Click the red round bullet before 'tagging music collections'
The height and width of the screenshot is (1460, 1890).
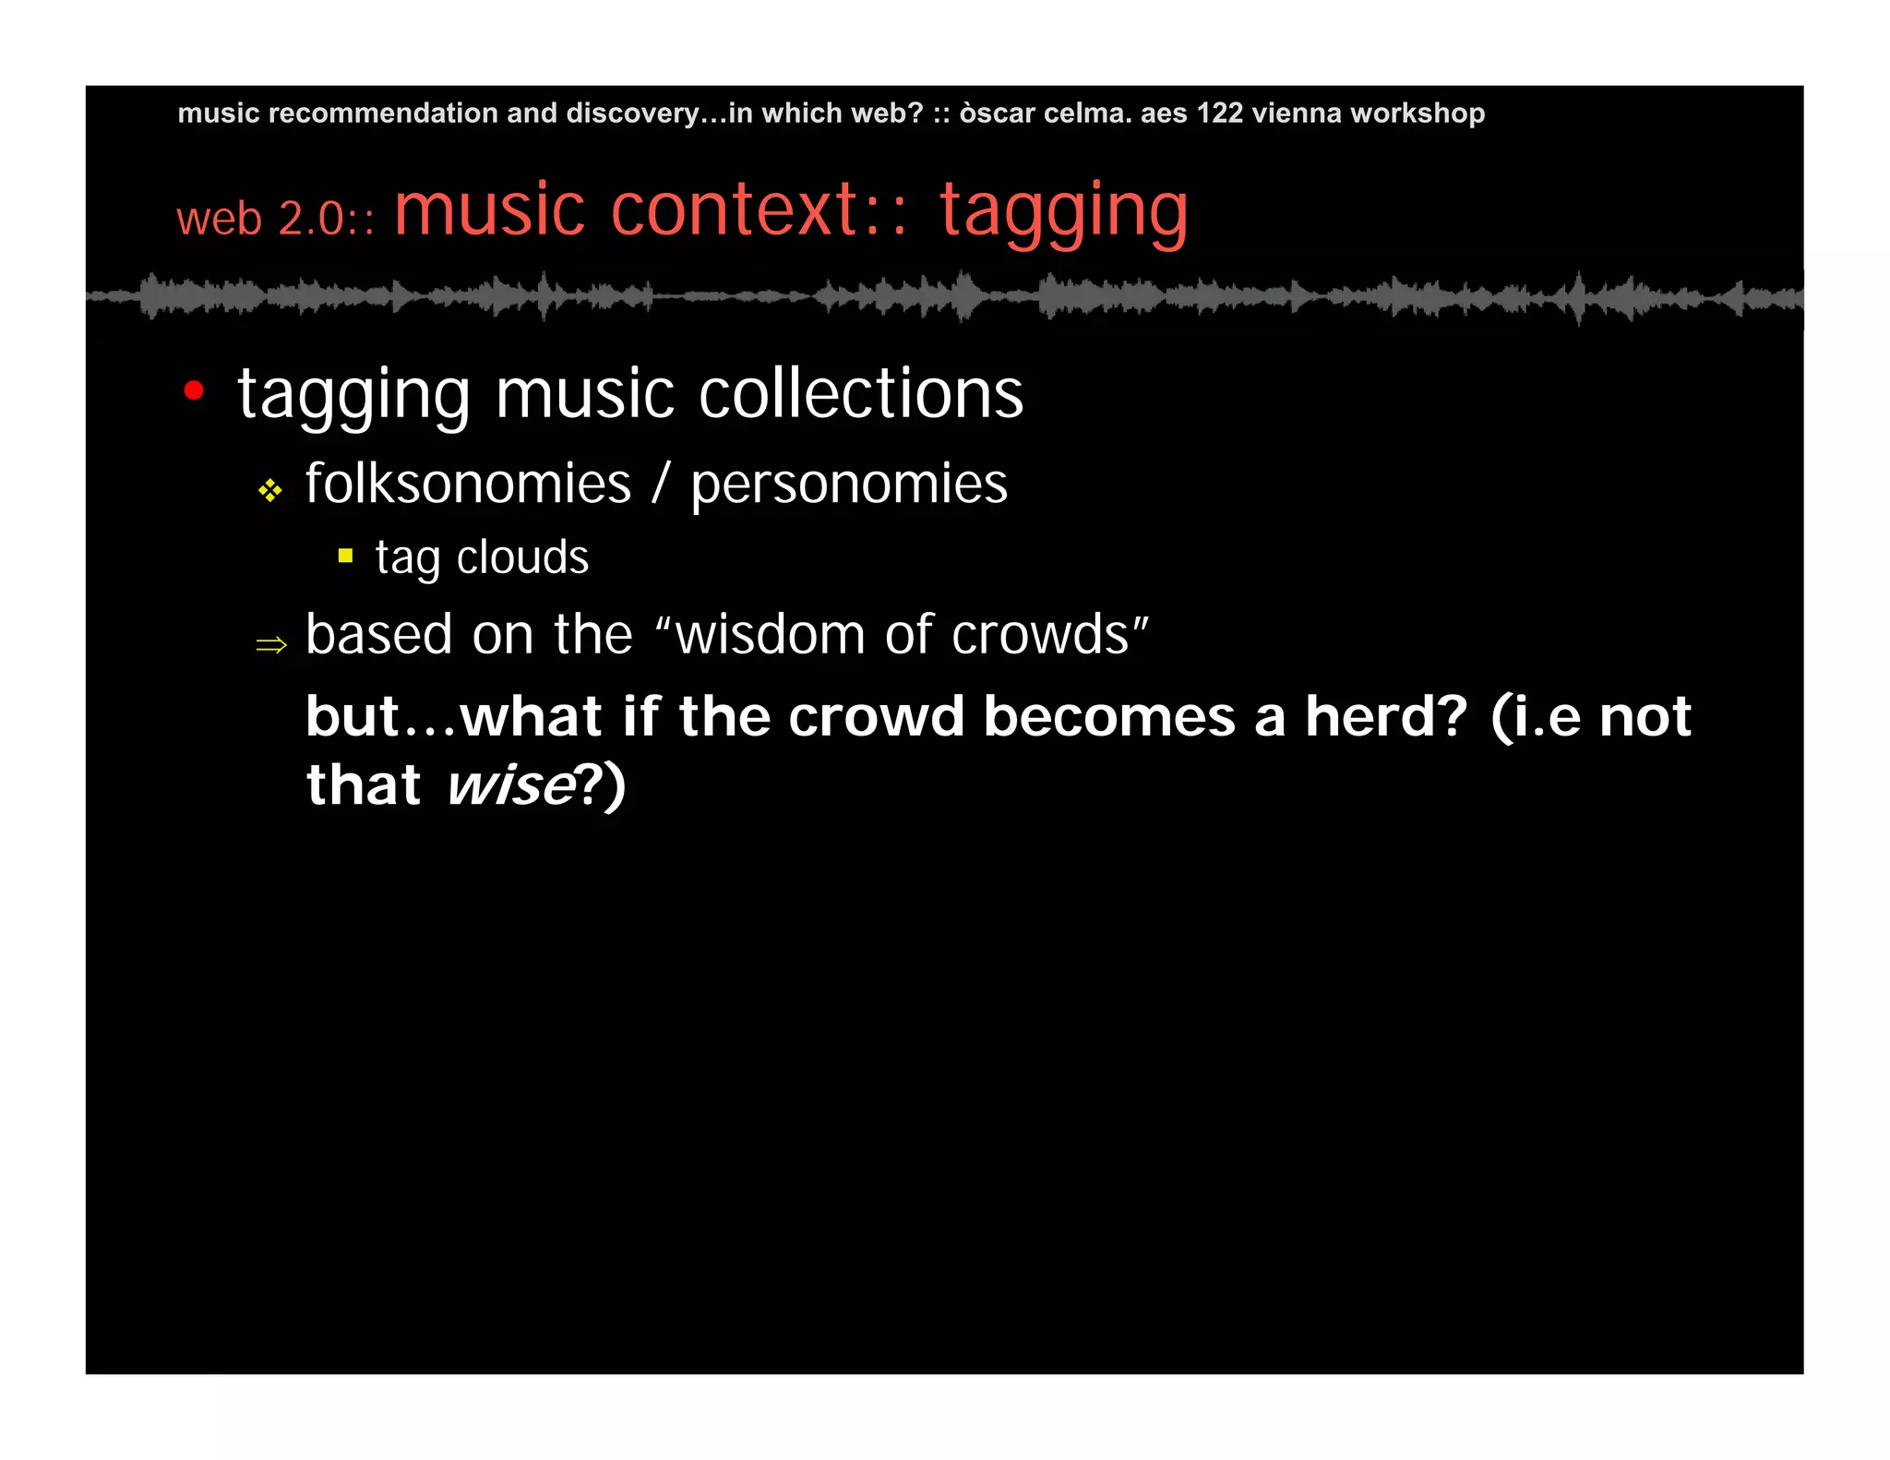(x=194, y=391)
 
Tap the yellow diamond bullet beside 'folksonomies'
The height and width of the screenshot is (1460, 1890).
(x=269, y=490)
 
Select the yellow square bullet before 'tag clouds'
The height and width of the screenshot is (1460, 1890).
(x=346, y=556)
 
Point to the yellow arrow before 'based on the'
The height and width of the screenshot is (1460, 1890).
(x=271, y=643)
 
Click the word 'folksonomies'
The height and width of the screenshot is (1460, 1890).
(x=468, y=484)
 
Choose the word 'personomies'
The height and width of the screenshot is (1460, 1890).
(x=849, y=485)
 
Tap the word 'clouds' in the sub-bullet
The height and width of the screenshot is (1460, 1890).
(x=522, y=557)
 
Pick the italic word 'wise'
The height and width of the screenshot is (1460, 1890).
(x=510, y=785)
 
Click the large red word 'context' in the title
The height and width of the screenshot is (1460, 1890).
(x=735, y=210)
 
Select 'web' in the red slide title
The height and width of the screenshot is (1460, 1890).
(x=220, y=220)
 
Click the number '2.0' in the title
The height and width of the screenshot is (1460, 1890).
(x=311, y=220)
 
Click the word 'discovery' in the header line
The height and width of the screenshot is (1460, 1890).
(x=632, y=113)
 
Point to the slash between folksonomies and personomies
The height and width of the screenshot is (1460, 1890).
(x=660, y=484)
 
